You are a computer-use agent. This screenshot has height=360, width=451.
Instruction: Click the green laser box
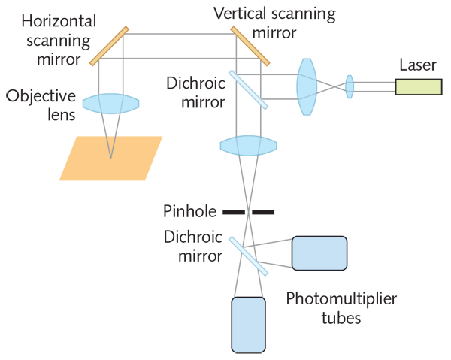pos(419,86)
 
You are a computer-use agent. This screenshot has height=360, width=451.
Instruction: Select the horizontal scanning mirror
pos(110,47)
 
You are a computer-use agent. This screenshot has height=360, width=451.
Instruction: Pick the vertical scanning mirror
pos(251,46)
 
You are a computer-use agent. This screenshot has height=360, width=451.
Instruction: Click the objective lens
pos(110,104)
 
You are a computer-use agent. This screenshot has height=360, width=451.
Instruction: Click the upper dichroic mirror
pos(249,89)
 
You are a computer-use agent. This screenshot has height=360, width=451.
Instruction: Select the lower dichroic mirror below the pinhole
pos(249,255)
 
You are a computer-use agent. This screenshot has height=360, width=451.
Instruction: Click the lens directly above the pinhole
pos(249,144)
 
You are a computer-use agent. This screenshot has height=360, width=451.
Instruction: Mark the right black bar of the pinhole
pos(263,211)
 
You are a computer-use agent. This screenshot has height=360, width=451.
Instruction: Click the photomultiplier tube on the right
pos(319,253)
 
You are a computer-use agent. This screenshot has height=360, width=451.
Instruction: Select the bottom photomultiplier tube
pos(249,325)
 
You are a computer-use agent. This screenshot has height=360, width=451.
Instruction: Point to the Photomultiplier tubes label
pos(341,308)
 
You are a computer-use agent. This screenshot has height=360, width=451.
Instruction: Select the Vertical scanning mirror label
pos(274,22)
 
